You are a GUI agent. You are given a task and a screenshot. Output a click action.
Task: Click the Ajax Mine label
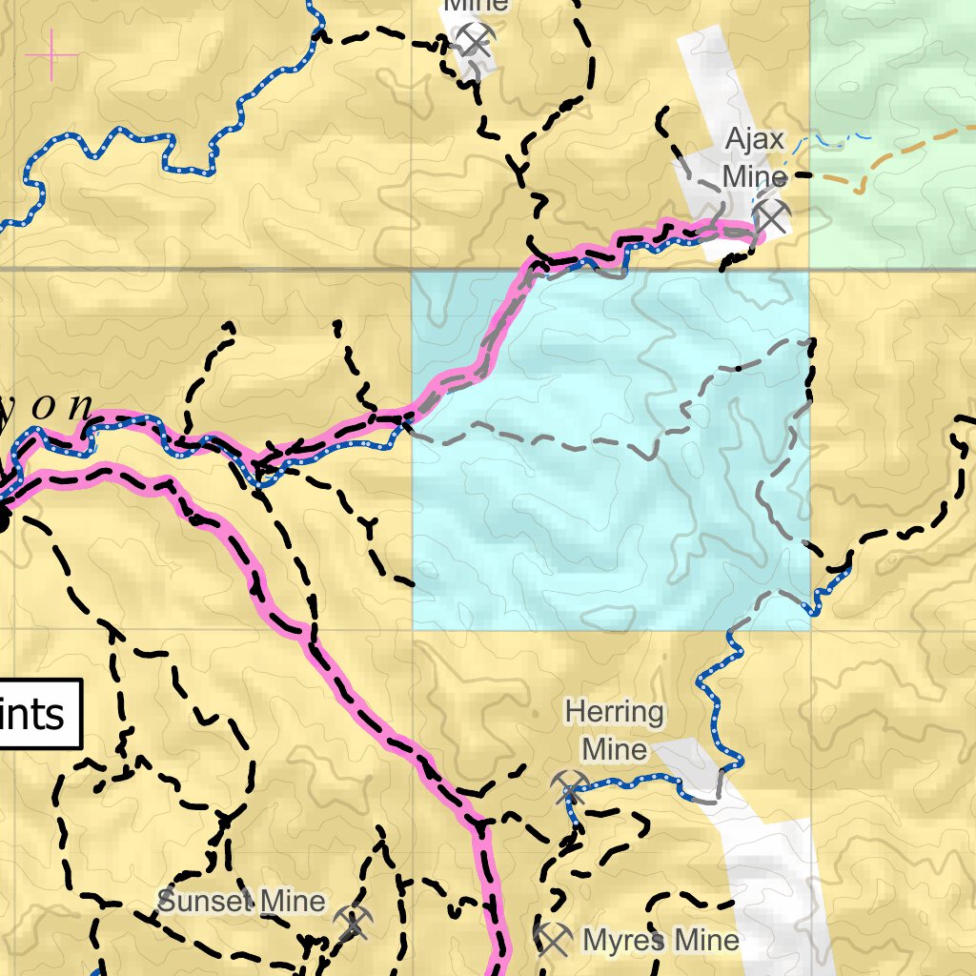tap(755, 158)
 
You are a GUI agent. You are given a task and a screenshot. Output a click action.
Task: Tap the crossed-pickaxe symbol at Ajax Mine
tap(771, 216)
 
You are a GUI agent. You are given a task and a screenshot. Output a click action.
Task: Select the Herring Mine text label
tap(614, 730)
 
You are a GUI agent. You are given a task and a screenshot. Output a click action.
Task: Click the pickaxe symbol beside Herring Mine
tap(571, 786)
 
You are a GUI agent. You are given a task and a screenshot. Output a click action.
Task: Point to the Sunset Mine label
tap(241, 901)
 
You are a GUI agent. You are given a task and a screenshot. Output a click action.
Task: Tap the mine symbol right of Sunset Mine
tap(353, 923)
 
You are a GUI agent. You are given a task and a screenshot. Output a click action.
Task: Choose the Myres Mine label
tap(661, 941)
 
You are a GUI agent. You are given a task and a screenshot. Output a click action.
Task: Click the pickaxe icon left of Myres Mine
tap(553, 940)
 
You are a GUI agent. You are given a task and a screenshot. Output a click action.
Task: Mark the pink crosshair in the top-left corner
tap(51, 54)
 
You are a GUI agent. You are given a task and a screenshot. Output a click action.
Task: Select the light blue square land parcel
tap(610, 534)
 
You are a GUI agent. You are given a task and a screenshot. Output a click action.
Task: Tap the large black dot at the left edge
tap(3, 519)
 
